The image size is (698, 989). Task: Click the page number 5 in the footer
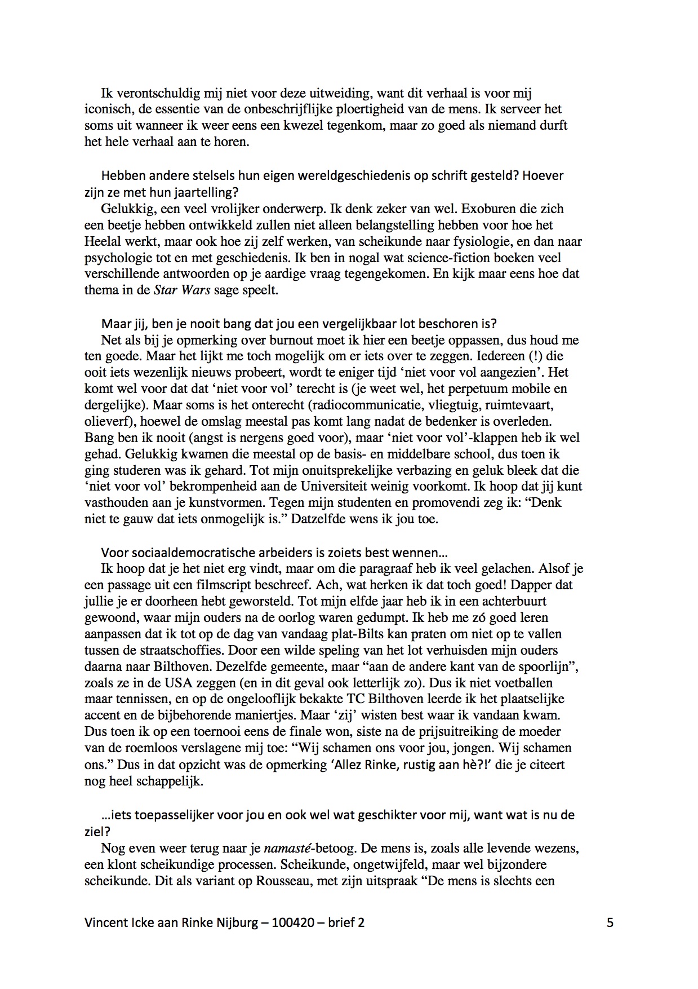click(610, 922)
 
